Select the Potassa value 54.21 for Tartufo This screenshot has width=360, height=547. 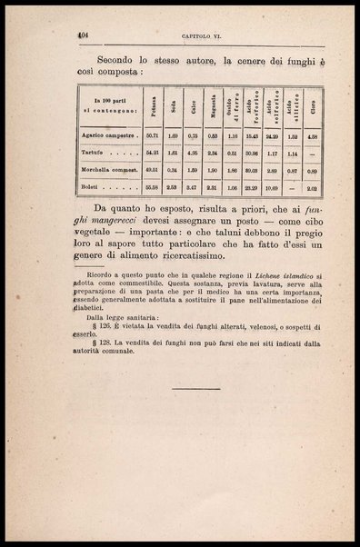coord(153,154)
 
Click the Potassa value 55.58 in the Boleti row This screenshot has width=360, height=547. coord(153,188)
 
